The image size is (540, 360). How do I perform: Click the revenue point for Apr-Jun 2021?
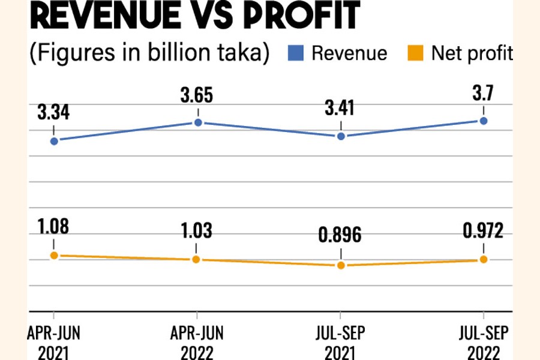coord(54,141)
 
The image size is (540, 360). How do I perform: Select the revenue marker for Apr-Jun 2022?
coord(197,122)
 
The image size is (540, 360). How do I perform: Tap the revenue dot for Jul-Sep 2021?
coord(341,136)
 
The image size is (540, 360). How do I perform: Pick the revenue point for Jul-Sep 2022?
coord(484,121)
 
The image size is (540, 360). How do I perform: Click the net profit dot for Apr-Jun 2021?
coord(54,256)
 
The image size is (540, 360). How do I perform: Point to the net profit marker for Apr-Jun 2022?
coord(196,259)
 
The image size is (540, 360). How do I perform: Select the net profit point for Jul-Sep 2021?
coord(341,265)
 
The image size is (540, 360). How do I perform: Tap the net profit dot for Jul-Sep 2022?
coord(484,259)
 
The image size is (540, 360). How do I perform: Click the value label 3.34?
coord(53,112)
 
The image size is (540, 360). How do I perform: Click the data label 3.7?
coord(484,94)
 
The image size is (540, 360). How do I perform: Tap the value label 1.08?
coord(53,228)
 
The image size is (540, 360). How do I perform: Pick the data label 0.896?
coord(340,235)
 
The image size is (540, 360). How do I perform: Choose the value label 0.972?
coord(482,231)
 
